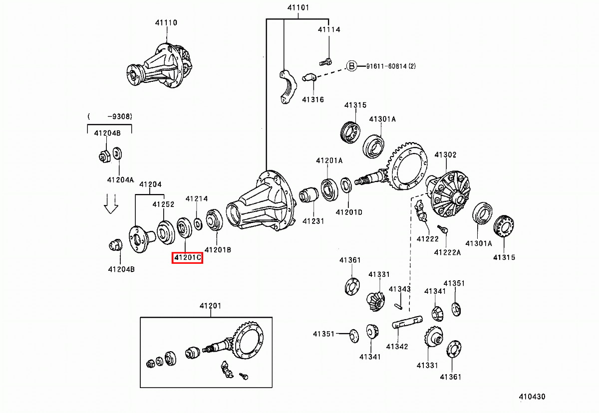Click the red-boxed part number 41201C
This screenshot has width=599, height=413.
187,258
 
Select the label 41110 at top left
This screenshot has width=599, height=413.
166,22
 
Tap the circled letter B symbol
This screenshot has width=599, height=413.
352,66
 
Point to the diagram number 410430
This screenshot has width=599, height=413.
532,397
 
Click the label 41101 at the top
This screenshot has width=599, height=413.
298,7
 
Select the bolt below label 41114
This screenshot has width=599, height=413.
325,62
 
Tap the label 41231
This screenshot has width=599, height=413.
312,220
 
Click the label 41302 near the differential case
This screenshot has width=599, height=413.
445,155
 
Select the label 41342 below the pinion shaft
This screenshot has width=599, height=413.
397,346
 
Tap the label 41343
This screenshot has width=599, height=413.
400,289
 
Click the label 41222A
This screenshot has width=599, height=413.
447,252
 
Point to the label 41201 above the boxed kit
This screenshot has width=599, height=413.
210,305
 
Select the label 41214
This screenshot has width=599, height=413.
197,199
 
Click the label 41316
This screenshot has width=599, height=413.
312,99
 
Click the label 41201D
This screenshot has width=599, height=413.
349,212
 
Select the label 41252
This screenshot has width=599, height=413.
163,204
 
